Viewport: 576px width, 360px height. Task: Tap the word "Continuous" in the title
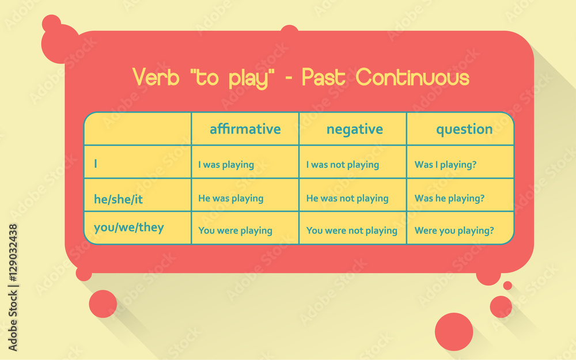[412, 77]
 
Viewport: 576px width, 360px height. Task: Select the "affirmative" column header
[245, 129]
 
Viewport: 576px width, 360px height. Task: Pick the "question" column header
[464, 129]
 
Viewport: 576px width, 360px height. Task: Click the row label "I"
[96, 164]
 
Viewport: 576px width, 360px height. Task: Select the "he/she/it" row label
[118, 199]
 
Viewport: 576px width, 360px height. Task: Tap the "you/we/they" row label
[128, 228]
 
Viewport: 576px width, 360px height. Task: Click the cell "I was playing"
[226, 165]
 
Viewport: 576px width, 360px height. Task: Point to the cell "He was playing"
[230, 198]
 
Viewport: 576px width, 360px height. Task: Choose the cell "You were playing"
[235, 230]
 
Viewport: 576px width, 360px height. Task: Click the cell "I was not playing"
[342, 165]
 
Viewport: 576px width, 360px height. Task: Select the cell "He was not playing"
[347, 198]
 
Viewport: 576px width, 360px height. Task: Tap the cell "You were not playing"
[351, 230]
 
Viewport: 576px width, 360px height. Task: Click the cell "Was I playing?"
[445, 165]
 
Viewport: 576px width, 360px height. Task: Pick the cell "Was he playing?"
[449, 198]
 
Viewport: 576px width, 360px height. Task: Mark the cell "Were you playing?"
[454, 230]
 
